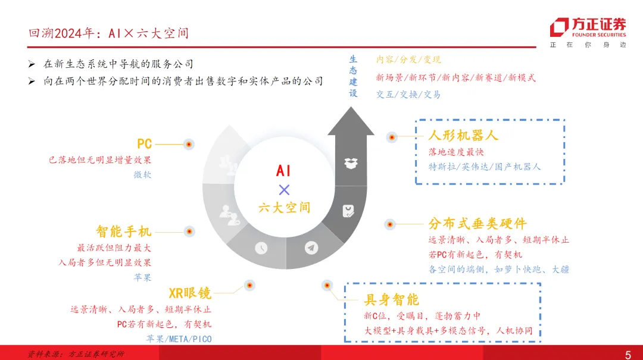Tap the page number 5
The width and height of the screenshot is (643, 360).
click(x=628, y=355)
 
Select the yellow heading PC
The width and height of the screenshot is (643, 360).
click(x=144, y=144)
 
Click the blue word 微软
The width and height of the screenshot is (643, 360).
click(x=142, y=175)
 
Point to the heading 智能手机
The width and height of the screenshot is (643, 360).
click(x=123, y=231)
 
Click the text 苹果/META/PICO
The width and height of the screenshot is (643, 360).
click(x=179, y=339)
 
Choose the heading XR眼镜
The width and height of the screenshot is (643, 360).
click(x=190, y=293)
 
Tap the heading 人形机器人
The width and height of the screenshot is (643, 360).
click(x=463, y=135)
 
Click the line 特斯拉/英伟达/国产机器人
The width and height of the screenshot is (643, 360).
click(x=485, y=167)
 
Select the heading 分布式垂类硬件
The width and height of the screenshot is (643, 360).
click(x=477, y=224)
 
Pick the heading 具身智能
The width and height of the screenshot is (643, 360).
click(x=391, y=299)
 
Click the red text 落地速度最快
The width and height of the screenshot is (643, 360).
click(x=456, y=152)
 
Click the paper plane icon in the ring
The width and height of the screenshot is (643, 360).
click(x=311, y=247)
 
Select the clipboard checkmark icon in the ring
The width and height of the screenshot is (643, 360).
click(x=348, y=211)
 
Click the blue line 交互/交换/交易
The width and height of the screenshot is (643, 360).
click(x=408, y=94)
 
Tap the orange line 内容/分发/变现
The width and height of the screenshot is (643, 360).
click(x=408, y=60)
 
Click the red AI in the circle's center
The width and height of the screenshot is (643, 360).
click(x=283, y=171)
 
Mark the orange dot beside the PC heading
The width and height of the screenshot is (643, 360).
click(x=188, y=144)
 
